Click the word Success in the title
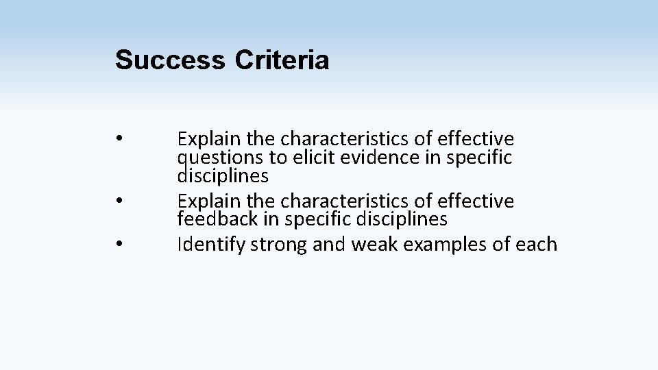tap(170, 60)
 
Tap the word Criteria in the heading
tap(282, 60)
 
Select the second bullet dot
tap(119, 200)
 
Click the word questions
tap(220, 158)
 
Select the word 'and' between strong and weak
tap(328, 245)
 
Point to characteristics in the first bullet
tap(346, 139)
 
